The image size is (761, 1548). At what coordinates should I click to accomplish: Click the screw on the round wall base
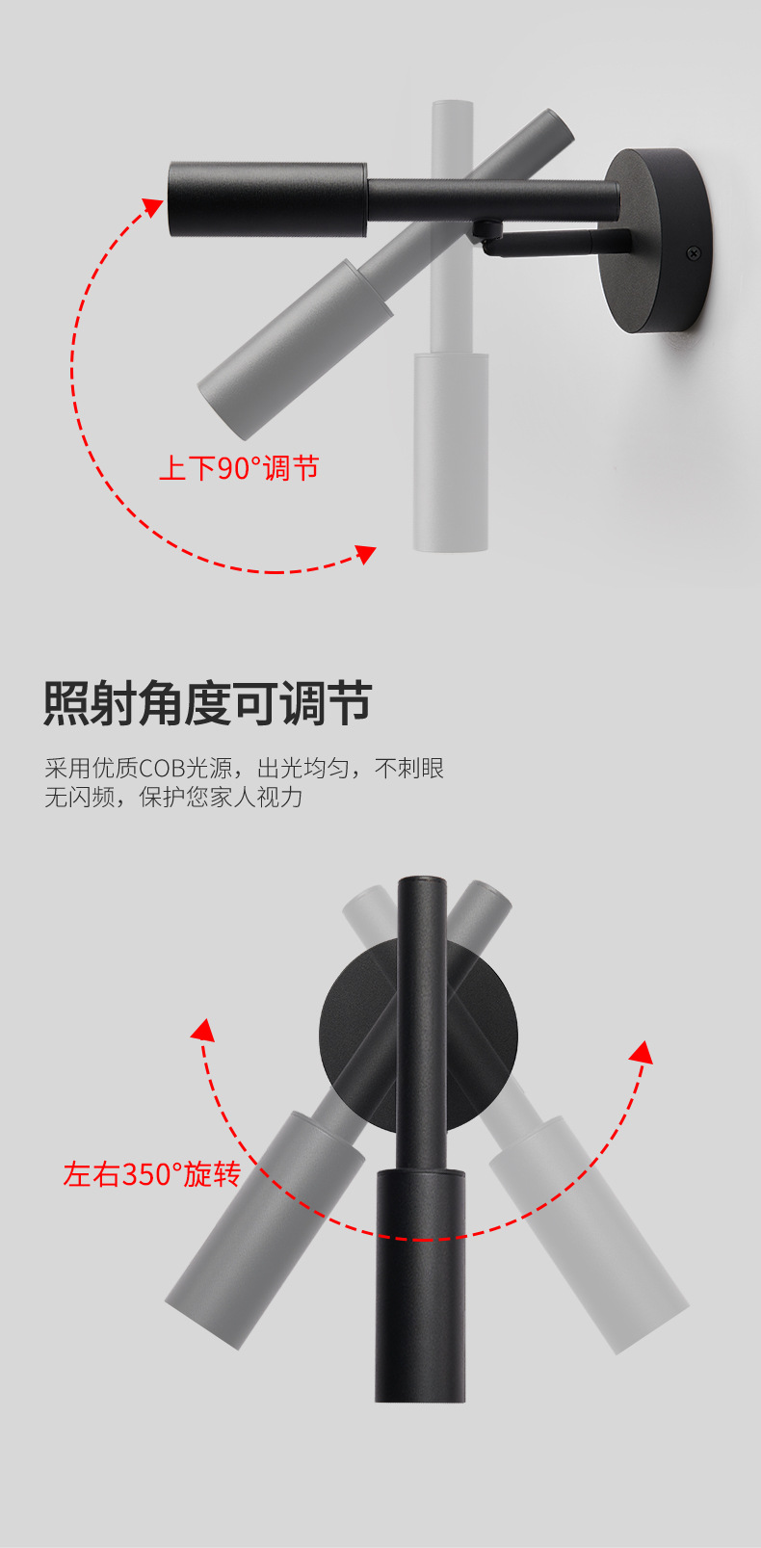coord(693,253)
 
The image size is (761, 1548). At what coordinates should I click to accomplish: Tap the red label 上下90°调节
coord(238,468)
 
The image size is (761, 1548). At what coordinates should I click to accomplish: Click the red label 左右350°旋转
coord(151,1174)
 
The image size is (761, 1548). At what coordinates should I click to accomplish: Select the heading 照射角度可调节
coord(207,702)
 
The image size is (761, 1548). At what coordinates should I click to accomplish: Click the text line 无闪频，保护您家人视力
coord(173,798)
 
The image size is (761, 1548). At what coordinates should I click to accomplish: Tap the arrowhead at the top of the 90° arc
coord(153,206)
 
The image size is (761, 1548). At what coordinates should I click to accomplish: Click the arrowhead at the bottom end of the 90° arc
coord(365,554)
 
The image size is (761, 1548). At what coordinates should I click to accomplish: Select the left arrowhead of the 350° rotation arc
coord(202,1030)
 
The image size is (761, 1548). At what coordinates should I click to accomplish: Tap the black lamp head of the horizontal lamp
coord(267,200)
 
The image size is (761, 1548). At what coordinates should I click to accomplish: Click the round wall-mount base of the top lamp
coord(655,241)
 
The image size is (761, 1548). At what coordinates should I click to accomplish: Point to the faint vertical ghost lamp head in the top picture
coord(450,451)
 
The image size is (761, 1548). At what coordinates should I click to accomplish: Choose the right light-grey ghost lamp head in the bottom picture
coord(588,1233)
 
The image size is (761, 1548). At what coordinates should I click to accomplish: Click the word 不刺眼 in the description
coord(409,769)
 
